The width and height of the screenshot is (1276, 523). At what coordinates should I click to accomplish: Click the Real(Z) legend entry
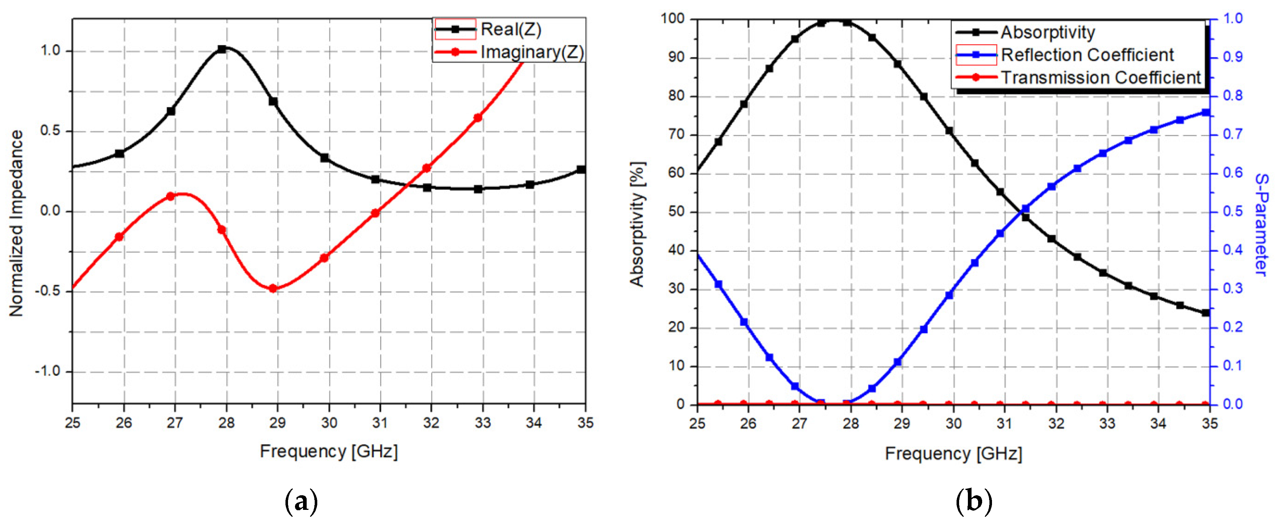[510, 30]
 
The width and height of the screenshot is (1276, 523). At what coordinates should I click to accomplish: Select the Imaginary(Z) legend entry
[531, 52]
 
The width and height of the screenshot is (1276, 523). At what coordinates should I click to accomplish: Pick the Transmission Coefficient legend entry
[1101, 78]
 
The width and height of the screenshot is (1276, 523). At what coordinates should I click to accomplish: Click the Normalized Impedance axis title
[16, 223]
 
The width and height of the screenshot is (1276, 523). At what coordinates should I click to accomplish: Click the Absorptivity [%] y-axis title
[637, 224]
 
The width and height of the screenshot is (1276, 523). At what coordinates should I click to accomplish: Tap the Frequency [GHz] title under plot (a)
[328, 451]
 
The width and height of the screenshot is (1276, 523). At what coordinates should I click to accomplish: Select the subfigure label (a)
[302, 502]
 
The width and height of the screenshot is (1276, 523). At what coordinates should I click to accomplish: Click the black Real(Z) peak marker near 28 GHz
[222, 49]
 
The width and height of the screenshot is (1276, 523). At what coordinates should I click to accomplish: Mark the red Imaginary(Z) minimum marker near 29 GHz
[272, 288]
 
